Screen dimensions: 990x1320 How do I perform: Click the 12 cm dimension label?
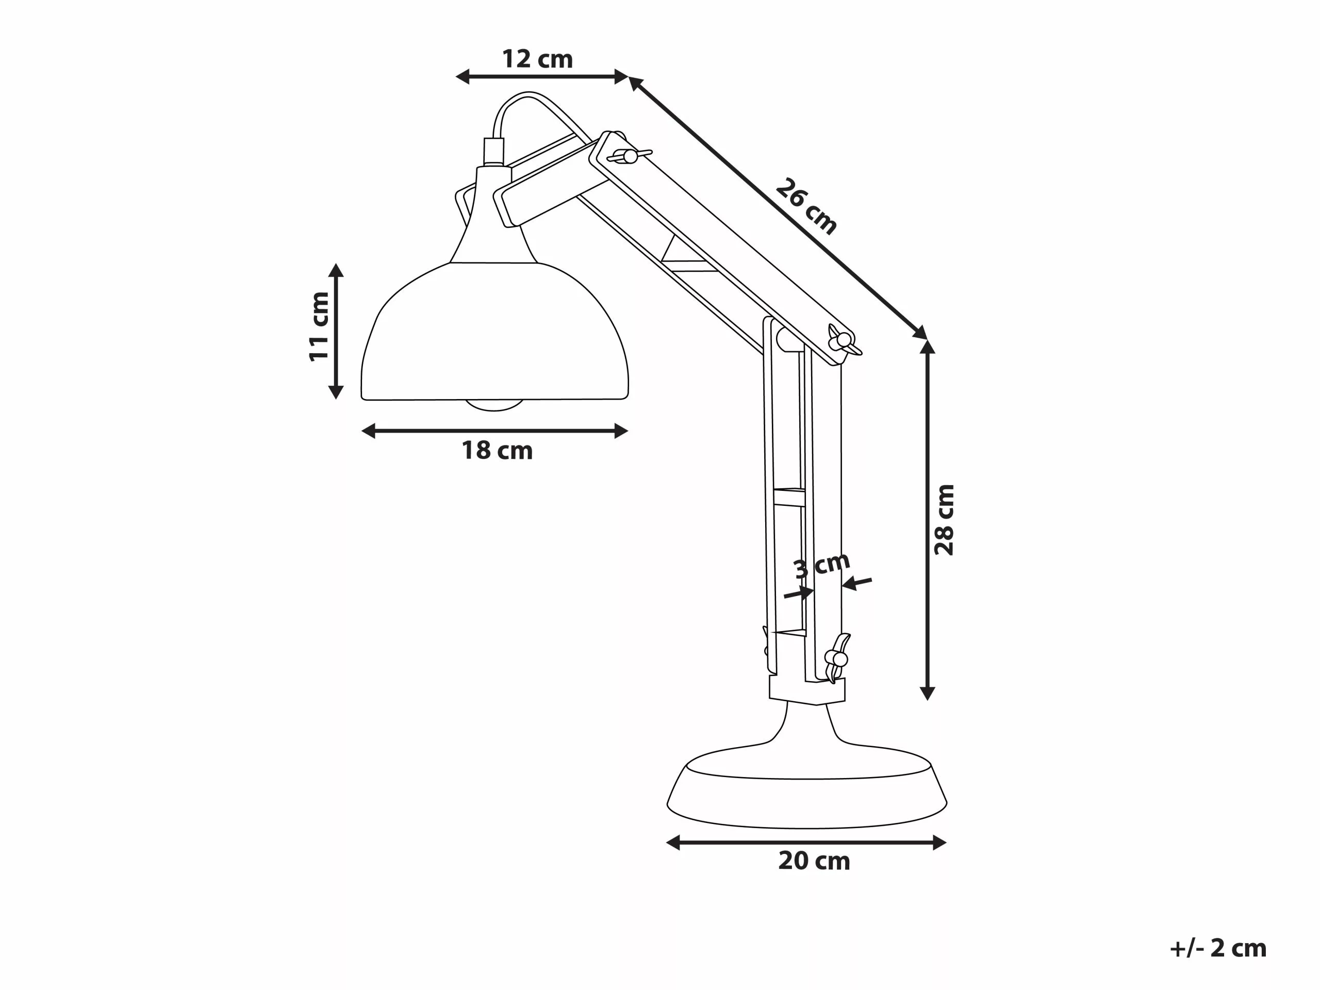(537, 59)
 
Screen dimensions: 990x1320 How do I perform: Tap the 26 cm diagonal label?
(807, 206)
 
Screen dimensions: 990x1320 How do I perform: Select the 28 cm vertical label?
(944, 520)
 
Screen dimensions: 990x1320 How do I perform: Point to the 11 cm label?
(319, 326)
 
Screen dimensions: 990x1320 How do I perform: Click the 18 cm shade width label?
(497, 451)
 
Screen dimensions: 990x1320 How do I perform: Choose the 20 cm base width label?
(814, 861)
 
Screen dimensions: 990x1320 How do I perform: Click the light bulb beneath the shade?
(494, 405)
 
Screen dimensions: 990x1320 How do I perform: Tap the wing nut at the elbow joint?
(843, 341)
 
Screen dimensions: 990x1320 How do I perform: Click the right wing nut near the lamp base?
(838, 658)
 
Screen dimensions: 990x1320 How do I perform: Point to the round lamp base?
(807, 794)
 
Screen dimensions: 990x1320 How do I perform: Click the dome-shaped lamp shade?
(494, 334)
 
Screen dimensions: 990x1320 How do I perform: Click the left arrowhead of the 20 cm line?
(673, 843)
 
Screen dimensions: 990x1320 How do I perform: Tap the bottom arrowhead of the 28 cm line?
(927, 694)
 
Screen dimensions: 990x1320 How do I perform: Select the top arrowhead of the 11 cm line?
(336, 270)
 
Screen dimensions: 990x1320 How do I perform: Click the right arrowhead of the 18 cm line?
(621, 431)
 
